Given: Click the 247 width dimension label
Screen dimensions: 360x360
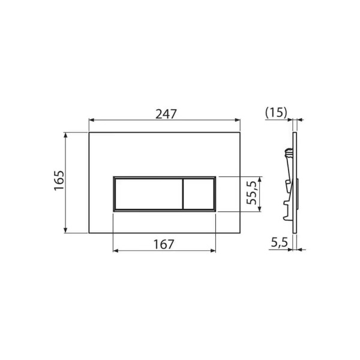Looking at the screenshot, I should point(166,113).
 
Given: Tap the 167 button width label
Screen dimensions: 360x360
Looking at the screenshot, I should point(163,245).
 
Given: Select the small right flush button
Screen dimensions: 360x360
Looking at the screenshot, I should point(199,194).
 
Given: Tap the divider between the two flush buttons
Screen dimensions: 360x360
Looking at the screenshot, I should point(182,194).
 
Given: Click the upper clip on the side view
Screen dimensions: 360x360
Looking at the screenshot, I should point(286,154).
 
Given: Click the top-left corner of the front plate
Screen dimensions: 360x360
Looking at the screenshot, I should point(89,133).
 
